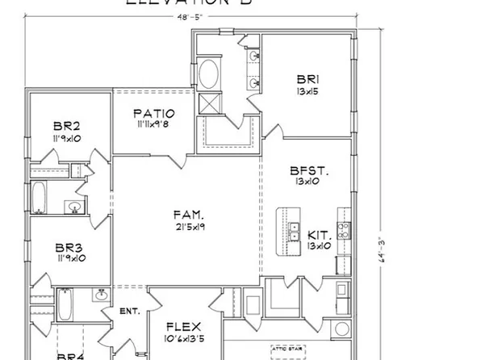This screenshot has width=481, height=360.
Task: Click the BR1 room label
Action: pos(307,79)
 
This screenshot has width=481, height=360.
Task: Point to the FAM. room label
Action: pos(188,215)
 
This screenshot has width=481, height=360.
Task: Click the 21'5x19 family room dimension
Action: pos(188,228)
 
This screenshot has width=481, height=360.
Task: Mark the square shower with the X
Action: pos(209,103)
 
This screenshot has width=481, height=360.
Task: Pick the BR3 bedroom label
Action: pos(68,246)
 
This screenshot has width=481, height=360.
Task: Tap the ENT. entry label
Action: pos(130,311)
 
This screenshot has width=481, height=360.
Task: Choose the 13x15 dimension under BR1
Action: pos(307,92)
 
